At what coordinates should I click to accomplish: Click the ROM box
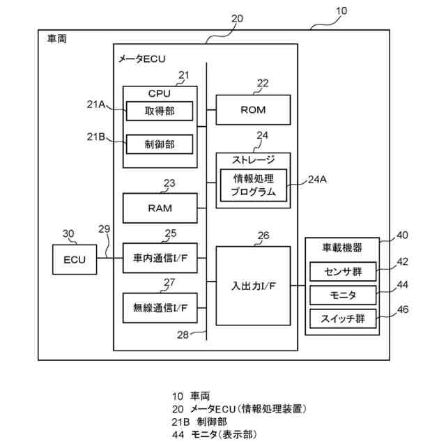(253, 110)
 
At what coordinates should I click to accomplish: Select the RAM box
(160, 208)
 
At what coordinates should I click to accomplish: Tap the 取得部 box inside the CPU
(160, 111)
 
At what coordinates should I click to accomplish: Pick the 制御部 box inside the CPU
(160, 144)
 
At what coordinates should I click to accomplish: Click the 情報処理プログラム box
(254, 185)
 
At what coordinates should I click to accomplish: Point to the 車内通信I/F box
(160, 258)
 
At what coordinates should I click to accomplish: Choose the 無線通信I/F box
(160, 308)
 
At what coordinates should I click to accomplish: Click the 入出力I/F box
(253, 286)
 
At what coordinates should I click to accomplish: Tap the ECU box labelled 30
(75, 259)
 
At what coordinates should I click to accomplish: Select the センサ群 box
(343, 272)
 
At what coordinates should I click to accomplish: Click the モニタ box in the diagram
(343, 295)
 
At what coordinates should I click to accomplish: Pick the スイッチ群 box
(343, 318)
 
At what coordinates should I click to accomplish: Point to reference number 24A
(317, 180)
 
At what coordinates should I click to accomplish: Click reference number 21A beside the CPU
(96, 105)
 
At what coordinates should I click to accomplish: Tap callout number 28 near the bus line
(183, 334)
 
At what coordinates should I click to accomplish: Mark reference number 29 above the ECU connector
(104, 229)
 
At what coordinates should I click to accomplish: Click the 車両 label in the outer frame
(57, 39)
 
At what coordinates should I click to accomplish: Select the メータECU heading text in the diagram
(141, 59)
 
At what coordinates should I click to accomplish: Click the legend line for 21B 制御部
(199, 422)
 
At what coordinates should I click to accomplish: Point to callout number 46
(403, 309)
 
